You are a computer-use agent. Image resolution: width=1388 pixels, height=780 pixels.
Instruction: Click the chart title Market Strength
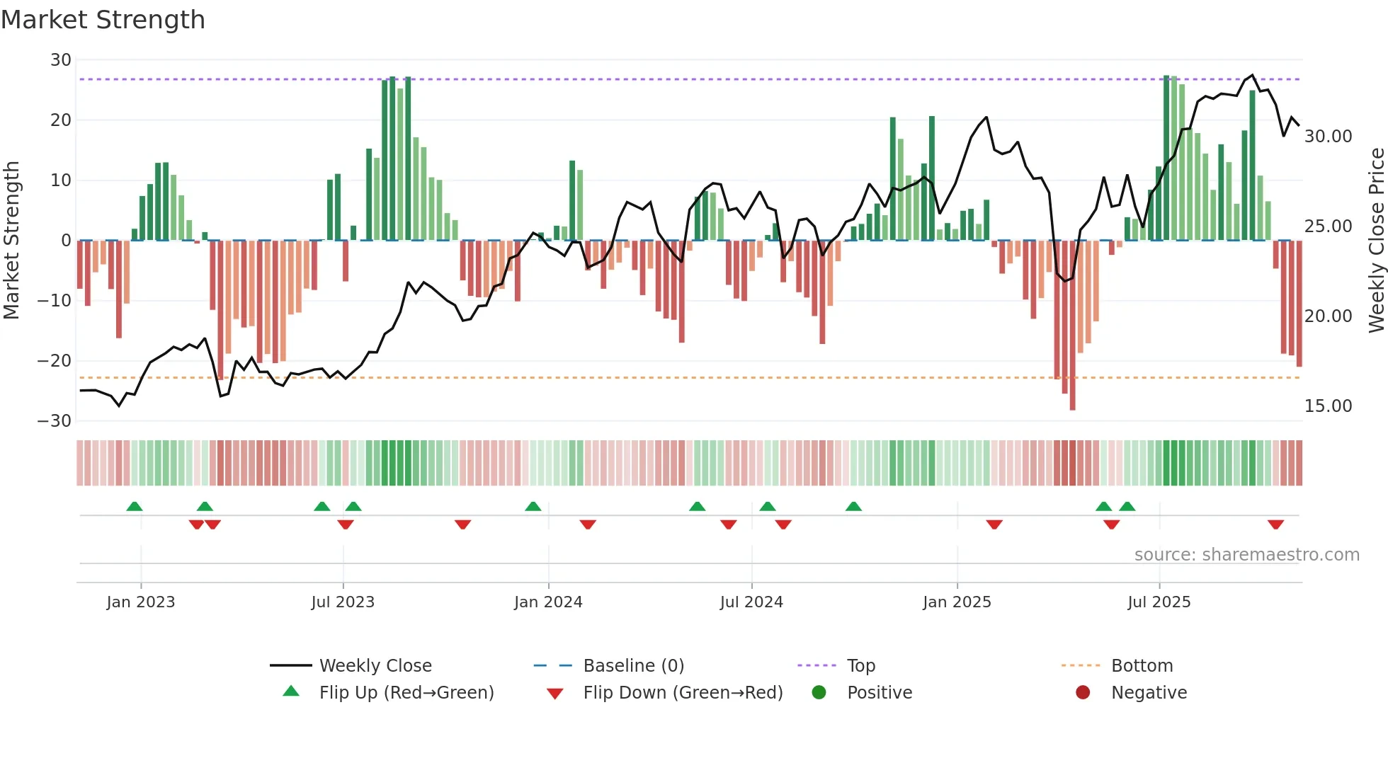pos(103,20)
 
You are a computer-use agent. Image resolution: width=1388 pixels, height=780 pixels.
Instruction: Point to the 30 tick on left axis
pos(61,60)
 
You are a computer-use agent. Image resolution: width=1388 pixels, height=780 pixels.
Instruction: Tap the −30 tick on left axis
pos(55,421)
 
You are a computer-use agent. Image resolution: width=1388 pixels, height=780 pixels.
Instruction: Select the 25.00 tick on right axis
pos(1328,226)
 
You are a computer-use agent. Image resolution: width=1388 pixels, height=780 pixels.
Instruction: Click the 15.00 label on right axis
pos(1328,406)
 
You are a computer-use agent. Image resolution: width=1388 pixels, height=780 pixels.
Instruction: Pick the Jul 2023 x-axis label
pos(343,602)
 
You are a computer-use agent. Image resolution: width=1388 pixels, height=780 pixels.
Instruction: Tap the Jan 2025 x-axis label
pos(957,602)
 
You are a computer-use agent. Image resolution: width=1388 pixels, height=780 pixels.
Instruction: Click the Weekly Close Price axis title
pos(1376,241)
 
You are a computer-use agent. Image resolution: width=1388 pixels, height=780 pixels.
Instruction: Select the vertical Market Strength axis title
pos(12,241)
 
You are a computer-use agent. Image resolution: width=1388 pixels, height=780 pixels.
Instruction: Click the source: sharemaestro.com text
pos(1246,555)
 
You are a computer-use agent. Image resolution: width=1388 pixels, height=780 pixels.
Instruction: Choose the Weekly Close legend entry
pos(375,666)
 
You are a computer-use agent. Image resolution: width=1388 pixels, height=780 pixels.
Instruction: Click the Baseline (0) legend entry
pos(633,666)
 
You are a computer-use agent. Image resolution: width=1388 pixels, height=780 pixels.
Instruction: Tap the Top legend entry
pos(860,666)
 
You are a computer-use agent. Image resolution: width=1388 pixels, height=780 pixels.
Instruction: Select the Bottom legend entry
pos(1142,666)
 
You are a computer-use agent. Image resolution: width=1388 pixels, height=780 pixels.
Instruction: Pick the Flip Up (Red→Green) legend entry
pos(406,693)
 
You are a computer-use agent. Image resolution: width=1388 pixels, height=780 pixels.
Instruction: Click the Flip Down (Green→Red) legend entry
pos(683,693)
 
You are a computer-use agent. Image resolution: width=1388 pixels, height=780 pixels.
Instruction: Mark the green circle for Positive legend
pos(819,693)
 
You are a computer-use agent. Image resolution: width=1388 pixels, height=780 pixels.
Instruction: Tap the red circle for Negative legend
pos(1083,693)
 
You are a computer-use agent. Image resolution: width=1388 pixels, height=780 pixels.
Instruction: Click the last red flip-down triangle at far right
pos(1275,524)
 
